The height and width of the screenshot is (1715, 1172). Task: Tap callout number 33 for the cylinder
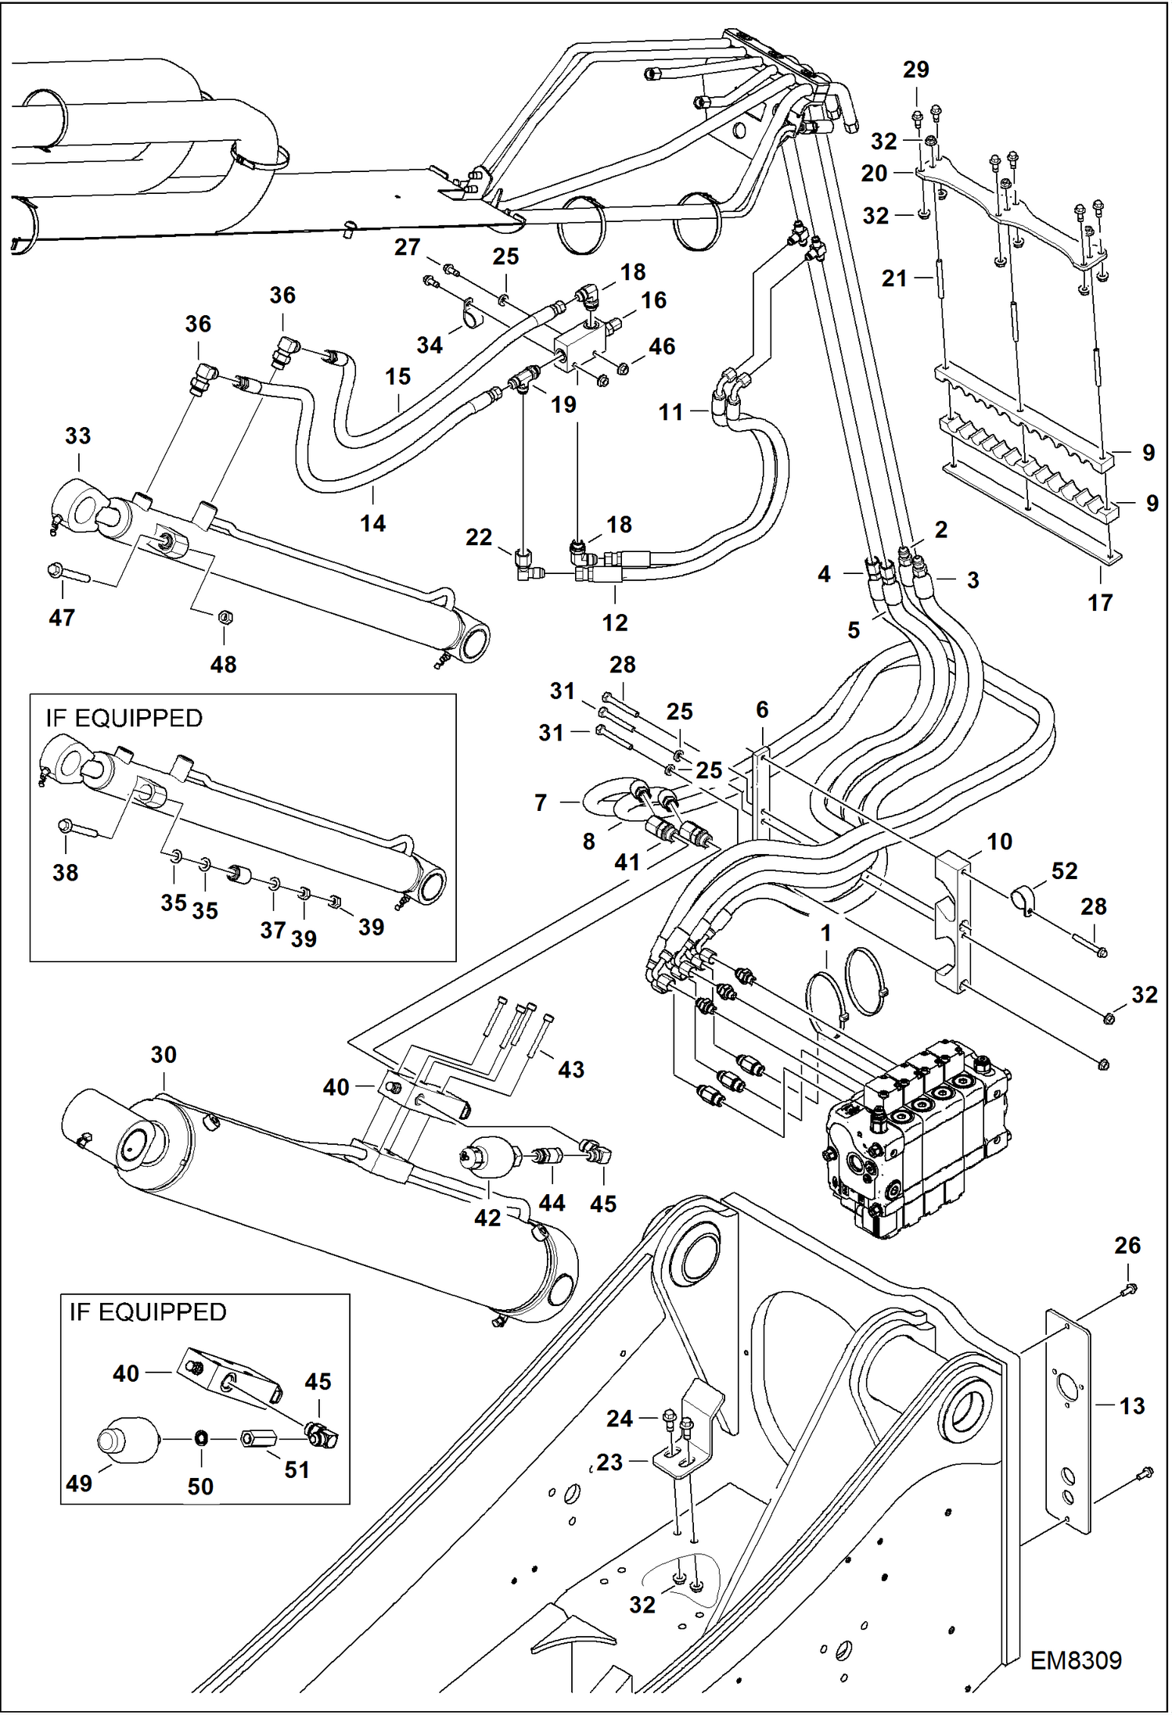pyautogui.click(x=77, y=436)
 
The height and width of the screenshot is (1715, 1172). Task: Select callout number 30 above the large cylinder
pyautogui.click(x=164, y=1054)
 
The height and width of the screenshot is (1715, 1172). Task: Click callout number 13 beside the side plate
pyautogui.click(x=1131, y=1405)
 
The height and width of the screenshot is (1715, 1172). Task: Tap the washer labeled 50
pyautogui.click(x=200, y=1437)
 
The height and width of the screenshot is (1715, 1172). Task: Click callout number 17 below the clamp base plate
pyautogui.click(x=1099, y=602)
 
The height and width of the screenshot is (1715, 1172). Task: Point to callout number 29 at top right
pyautogui.click(x=915, y=70)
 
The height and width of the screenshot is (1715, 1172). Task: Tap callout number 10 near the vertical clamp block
pyautogui.click(x=999, y=841)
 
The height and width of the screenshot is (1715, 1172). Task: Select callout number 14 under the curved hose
pyautogui.click(x=372, y=522)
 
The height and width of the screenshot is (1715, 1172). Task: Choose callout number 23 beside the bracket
pyautogui.click(x=609, y=1462)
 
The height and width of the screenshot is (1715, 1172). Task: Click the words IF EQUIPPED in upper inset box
pyautogui.click(x=124, y=718)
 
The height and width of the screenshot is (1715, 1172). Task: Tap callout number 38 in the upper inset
pyautogui.click(x=65, y=872)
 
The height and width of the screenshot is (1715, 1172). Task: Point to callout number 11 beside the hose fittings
pyautogui.click(x=670, y=412)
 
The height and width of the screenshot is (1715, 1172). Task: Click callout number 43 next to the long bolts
pyautogui.click(x=570, y=1069)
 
